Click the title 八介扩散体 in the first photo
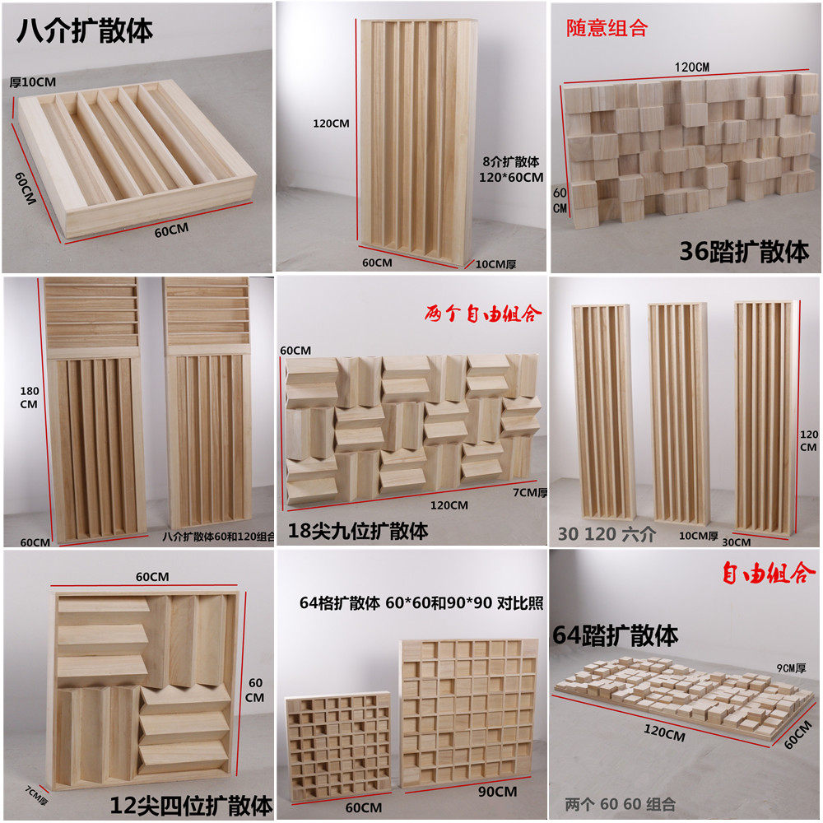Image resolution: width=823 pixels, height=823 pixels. pyautogui.click(x=86, y=30)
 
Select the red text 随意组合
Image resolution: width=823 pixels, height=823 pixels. pyautogui.click(x=607, y=28)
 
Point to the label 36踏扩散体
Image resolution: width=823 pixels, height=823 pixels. pyautogui.click(x=744, y=251)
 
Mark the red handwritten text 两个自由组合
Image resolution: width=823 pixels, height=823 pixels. pyautogui.click(x=483, y=314)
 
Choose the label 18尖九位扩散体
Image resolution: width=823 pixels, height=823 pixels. pyautogui.click(x=358, y=531)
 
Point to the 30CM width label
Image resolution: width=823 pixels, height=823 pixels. pyautogui.click(x=736, y=542)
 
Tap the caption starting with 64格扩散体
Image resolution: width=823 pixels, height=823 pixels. pyautogui.click(x=421, y=603)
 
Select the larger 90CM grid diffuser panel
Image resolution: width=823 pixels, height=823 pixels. pyautogui.click(x=468, y=712)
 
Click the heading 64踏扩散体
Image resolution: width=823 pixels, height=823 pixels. pyautogui.click(x=615, y=635)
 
